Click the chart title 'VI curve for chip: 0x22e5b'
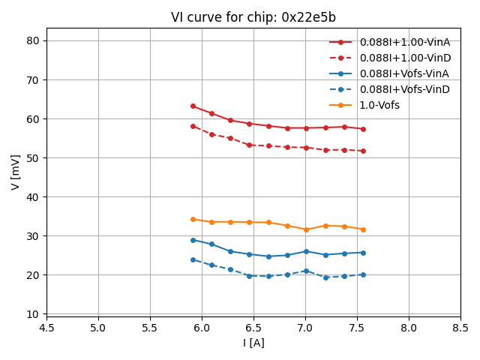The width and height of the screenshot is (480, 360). [253, 17]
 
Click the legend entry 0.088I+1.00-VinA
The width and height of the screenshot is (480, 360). [404, 42]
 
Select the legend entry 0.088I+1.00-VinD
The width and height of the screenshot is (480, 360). [404, 58]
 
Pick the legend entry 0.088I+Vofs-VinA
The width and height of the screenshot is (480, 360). [404, 73]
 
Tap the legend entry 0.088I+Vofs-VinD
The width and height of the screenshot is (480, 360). [404, 89]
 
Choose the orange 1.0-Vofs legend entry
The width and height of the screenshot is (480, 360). [379, 105]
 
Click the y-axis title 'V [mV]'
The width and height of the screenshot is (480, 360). [16, 172]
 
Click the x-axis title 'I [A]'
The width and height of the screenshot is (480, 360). [253, 343]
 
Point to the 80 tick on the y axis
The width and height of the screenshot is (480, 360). [33, 40]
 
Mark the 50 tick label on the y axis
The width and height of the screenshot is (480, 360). [33, 157]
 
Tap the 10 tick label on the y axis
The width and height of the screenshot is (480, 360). [33, 313]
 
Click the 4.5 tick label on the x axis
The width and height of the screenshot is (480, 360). [46, 328]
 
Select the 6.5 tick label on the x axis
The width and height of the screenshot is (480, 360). [253, 328]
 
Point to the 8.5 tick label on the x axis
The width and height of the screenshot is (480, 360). [460, 328]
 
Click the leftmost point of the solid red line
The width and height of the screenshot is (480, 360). [193, 106]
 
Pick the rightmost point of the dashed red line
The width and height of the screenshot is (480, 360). [363, 151]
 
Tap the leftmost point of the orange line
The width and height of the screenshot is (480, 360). [193, 219]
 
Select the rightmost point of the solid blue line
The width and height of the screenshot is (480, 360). [363, 253]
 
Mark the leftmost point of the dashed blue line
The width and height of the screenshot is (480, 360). [193, 259]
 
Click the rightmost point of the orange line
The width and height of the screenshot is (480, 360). [363, 229]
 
